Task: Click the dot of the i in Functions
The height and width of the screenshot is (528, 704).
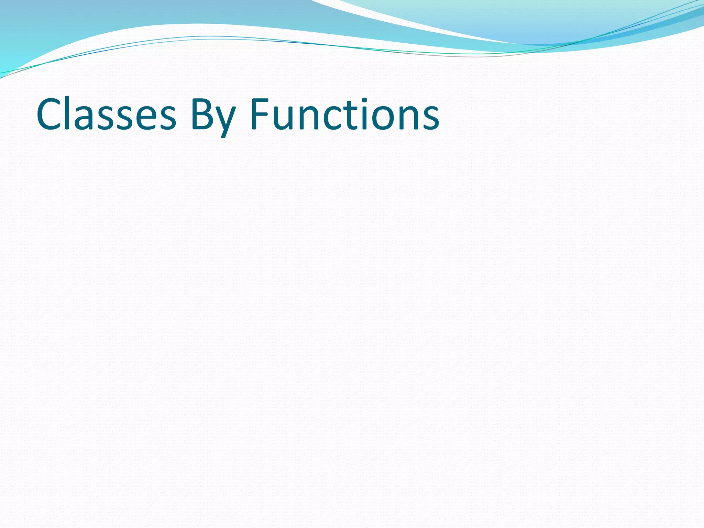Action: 364,100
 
